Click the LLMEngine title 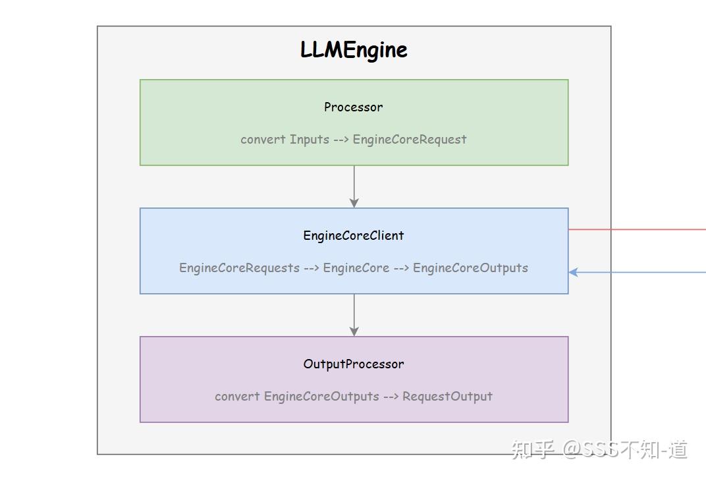click(x=354, y=50)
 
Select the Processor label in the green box click(x=354, y=107)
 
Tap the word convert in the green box click(x=263, y=139)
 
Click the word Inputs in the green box click(x=310, y=139)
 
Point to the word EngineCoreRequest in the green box click(x=410, y=139)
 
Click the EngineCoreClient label click(x=354, y=235)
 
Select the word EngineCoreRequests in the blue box click(x=239, y=268)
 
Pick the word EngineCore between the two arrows click(x=356, y=268)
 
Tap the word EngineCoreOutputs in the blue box click(x=470, y=268)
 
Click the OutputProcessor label click(x=354, y=364)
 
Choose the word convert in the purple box click(x=237, y=396)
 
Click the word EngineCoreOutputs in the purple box click(x=321, y=396)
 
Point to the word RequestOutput click(x=447, y=396)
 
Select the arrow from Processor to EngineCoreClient click(x=354, y=186)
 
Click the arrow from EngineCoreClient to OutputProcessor click(x=354, y=315)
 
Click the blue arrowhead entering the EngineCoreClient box click(x=574, y=272)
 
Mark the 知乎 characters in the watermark click(x=532, y=449)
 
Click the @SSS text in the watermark click(x=591, y=449)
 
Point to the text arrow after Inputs click(x=340, y=139)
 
